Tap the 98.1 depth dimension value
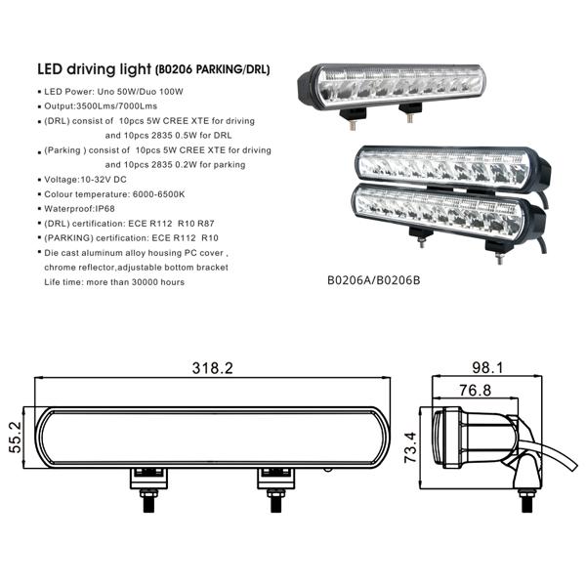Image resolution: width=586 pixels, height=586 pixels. [x=489, y=368]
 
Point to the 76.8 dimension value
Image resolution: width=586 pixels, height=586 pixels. [x=476, y=391]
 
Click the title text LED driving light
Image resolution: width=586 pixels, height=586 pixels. [x=93, y=70]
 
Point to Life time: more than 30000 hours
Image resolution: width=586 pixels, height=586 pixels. [x=114, y=281]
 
